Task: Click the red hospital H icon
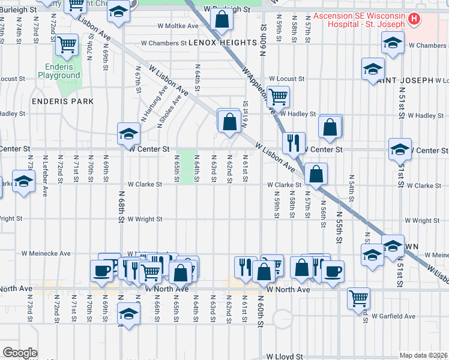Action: (413, 19)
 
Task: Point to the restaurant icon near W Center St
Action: (293, 142)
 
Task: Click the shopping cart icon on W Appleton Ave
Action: (278, 95)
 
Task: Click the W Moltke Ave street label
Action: (178, 26)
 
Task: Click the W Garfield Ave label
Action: (393, 316)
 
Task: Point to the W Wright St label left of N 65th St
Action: (144, 220)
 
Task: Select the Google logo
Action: (19, 353)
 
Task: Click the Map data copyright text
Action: (423, 355)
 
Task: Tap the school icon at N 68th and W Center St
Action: (128, 134)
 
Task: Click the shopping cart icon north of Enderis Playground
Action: (66, 44)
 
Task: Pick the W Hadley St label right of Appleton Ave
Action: (298, 114)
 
